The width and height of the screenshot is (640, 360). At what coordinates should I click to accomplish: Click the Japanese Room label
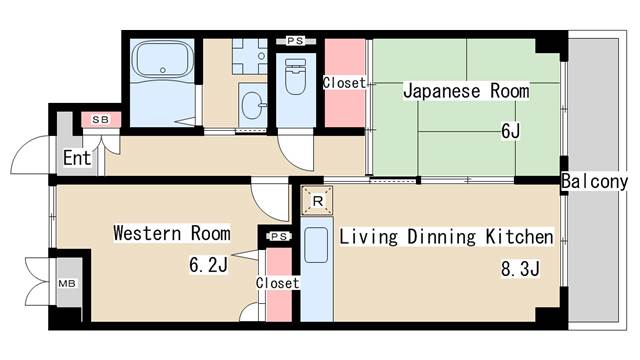coord(466,92)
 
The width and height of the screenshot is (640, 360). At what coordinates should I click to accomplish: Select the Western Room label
coord(171,234)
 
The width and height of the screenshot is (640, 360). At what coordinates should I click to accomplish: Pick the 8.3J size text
coord(520,268)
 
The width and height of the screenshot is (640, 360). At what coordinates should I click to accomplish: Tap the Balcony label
coord(594,182)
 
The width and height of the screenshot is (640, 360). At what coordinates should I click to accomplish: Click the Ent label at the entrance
coord(77,158)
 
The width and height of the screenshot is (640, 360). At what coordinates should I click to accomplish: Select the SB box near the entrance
coord(100,120)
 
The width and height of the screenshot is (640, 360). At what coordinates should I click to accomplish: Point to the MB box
coord(69,283)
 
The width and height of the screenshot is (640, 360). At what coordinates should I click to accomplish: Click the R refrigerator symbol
coord(317,201)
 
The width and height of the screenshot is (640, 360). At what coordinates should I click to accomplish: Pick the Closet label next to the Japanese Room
coord(344,83)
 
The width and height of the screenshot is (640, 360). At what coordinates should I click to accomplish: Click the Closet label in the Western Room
coord(277,283)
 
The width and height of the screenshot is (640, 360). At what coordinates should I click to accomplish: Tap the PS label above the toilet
coord(295,40)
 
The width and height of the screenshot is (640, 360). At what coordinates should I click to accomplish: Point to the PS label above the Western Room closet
coord(277,237)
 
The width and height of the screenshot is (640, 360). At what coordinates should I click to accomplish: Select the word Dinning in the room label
coord(422,237)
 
